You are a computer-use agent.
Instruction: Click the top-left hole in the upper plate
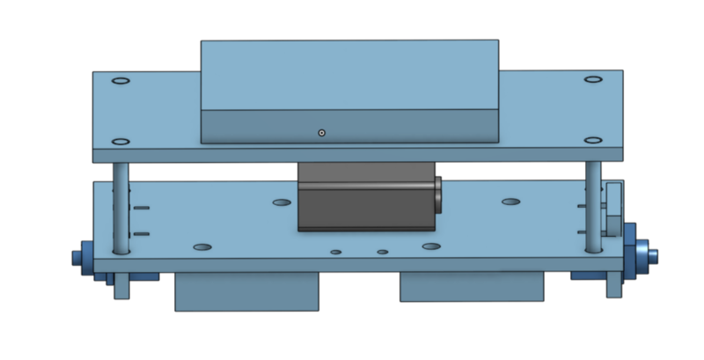[121, 81]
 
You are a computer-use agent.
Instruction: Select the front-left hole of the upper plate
[121, 140]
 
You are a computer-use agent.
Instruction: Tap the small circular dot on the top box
[322, 133]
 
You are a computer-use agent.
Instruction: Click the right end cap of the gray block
[437, 195]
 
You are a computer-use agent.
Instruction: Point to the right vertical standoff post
[595, 207]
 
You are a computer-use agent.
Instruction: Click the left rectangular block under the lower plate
[246, 290]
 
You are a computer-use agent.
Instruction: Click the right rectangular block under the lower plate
[473, 287]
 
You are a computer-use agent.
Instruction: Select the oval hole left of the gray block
[282, 202]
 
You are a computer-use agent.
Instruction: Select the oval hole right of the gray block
[511, 202]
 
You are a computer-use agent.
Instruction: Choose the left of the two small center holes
[336, 253]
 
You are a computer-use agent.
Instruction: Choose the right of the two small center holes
[383, 253]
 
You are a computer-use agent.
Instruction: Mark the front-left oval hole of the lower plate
[202, 247]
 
